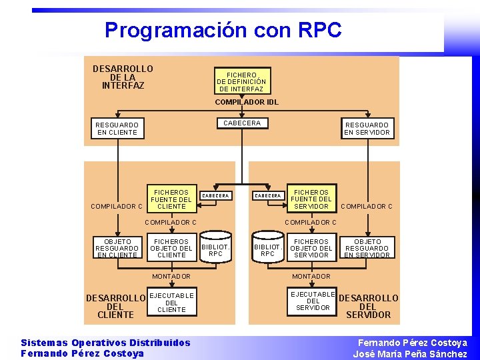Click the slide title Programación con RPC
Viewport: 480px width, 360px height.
point(223,30)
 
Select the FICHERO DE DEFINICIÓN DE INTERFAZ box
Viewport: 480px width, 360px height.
point(241,82)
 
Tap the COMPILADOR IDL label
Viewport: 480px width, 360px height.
point(246,103)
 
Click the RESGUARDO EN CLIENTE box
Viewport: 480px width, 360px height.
point(117,129)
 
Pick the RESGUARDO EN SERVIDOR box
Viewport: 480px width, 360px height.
point(367,129)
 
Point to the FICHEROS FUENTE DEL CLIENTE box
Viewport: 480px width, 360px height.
point(171,199)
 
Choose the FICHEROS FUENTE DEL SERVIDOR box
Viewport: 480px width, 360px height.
point(311,199)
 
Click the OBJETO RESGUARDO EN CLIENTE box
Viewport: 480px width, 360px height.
point(117,248)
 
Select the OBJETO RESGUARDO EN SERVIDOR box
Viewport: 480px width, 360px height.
point(367,248)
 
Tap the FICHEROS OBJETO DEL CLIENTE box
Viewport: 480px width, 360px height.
point(171,248)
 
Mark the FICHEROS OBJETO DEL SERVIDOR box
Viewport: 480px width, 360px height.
point(311,248)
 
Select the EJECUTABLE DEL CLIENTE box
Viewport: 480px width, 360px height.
point(171,303)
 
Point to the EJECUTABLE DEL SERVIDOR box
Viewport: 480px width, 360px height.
point(313,301)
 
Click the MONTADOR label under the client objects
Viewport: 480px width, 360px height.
point(171,276)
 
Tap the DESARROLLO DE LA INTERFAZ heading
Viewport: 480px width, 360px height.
point(123,77)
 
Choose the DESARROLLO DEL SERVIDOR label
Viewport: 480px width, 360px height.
point(369,306)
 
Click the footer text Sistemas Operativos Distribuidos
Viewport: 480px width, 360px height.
point(105,343)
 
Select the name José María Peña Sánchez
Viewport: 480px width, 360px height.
point(410,354)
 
